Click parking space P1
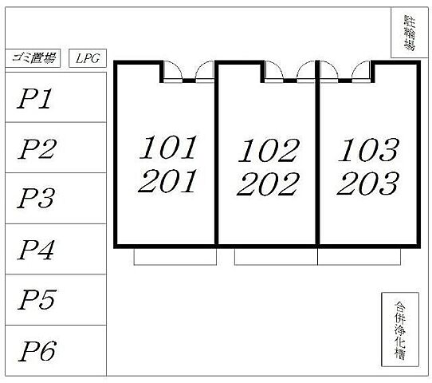click(x=56, y=97)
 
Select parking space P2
click(x=56, y=148)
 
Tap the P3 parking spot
click(x=56, y=198)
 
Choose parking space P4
click(x=56, y=249)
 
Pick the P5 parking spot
click(x=56, y=300)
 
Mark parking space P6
click(x=56, y=350)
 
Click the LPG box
click(x=88, y=58)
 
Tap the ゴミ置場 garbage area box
click(x=33, y=58)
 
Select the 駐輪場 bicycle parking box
click(x=410, y=33)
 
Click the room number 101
click(x=168, y=148)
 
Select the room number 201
click(x=167, y=181)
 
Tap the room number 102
click(x=269, y=150)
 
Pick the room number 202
click(x=268, y=184)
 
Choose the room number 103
click(x=368, y=150)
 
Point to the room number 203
click(x=367, y=184)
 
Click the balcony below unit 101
click(x=175, y=257)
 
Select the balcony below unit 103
click(x=359, y=257)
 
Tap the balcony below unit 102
click(x=276, y=257)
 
